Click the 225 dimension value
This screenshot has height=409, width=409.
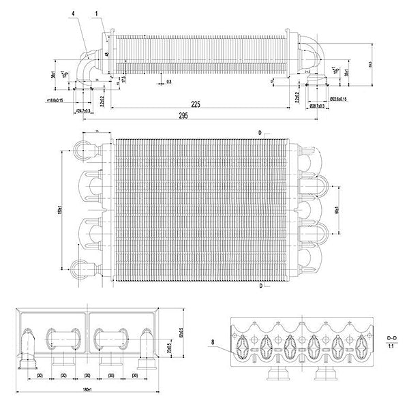pyautogui.click(x=196, y=105)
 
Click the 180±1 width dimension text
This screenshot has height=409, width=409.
pyautogui.click(x=87, y=390)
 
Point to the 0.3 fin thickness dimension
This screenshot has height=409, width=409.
pyautogui.click(x=168, y=82)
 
